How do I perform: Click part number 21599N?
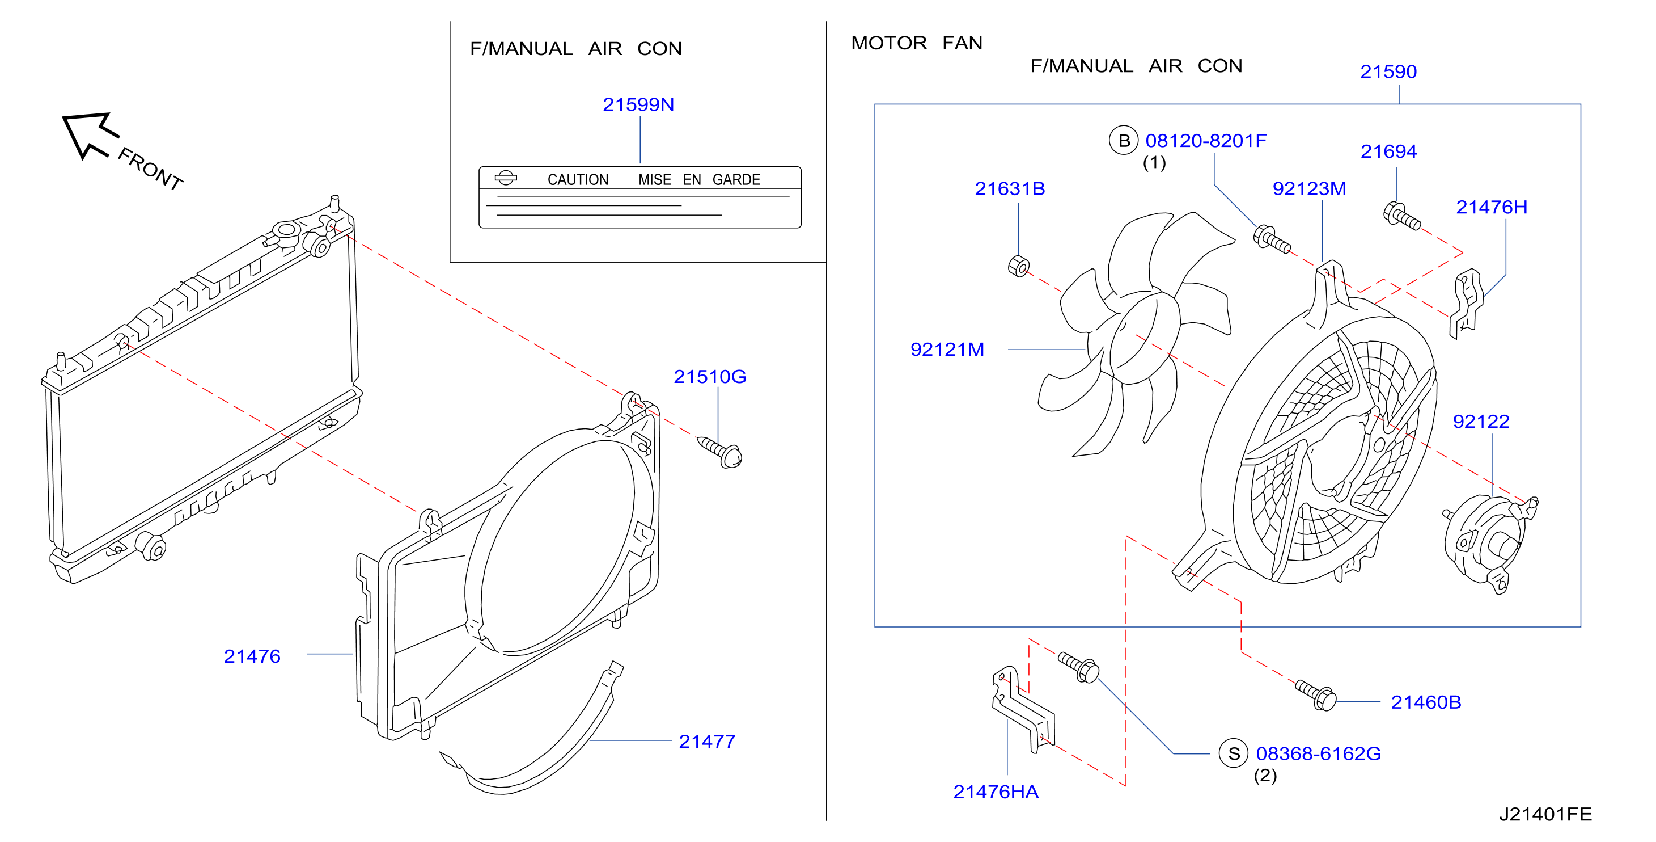click(x=638, y=104)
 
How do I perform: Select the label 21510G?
click(x=710, y=376)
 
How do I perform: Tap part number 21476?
click(x=252, y=656)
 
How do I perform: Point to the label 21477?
click(x=707, y=742)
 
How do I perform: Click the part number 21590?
click(x=1388, y=71)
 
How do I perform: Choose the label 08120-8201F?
click(x=1206, y=140)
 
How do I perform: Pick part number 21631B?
click(x=1010, y=188)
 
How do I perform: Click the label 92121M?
click(x=947, y=350)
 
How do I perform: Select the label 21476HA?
click(x=996, y=792)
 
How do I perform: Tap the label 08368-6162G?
click(x=1319, y=753)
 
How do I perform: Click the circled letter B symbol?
click(x=1124, y=141)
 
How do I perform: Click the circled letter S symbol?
click(x=1234, y=753)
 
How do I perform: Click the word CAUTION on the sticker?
click(x=578, y=179)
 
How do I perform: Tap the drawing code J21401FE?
click(x=1545, y=814)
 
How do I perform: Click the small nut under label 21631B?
click(x=1019, y=266)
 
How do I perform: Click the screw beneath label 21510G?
click(x=721, y=452)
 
